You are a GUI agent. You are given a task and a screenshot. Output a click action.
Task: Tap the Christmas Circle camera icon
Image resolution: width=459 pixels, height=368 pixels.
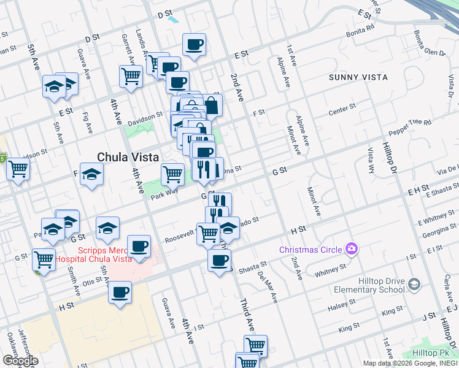click(352, 248)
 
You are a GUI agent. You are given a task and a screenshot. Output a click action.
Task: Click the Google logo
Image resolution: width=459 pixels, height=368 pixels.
click(20, 360)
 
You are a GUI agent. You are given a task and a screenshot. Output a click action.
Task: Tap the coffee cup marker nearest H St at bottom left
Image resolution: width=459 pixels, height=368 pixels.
click(120, 291)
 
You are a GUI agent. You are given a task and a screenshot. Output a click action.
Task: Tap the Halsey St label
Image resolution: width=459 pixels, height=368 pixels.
click(342, 308)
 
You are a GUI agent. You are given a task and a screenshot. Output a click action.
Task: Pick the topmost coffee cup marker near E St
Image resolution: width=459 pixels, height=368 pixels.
click(194, 45)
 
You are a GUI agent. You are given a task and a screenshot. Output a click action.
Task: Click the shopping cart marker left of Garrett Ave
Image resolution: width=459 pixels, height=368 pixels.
click(131, 76)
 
